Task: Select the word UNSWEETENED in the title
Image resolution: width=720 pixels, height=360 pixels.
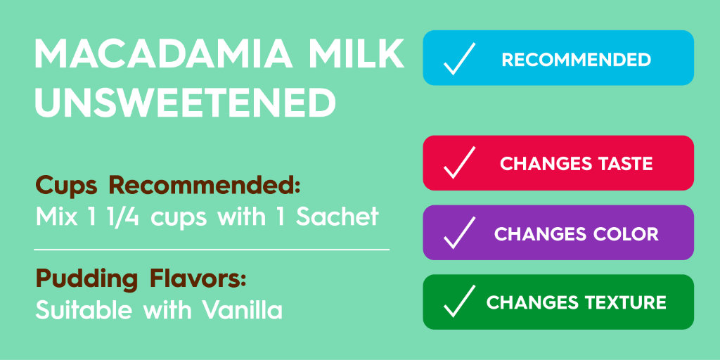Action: click(186, 103)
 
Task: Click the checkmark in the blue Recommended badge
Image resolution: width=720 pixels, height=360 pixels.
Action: click(459, 58)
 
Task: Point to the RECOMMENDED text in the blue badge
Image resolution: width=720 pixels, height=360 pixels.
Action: click(576, 60)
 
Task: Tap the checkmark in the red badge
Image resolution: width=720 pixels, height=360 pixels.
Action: click(459, 163)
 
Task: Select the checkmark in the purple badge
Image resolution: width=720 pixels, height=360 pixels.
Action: click(459, 233)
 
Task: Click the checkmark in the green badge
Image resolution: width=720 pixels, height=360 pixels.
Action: click(459, 302)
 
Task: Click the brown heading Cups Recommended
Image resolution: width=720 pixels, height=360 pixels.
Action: click(168, 187)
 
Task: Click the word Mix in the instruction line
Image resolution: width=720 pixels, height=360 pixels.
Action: click(54, 217)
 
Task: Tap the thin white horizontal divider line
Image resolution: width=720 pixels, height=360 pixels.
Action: click(211, 249)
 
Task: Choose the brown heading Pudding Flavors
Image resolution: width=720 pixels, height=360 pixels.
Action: click(141, 279)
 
